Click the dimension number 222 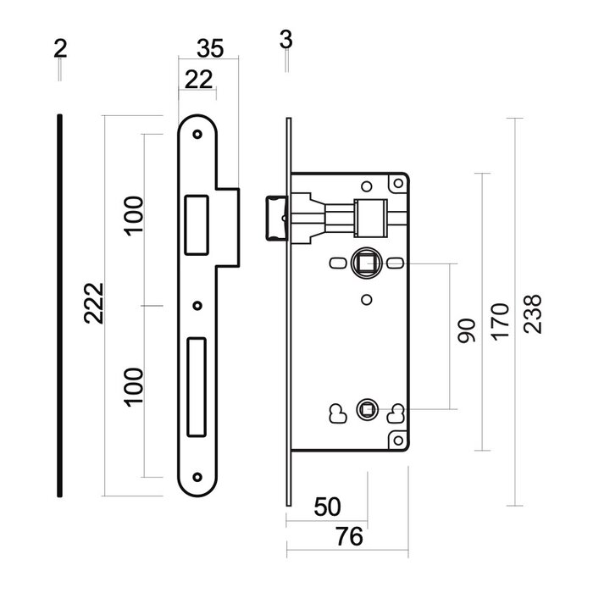[x=93, y=303]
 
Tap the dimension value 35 [x=210, y=49]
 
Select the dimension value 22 [x=198, y=80]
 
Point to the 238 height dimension [x=533, y=314]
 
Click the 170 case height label [x=500, y=321]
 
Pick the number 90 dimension [x=466, y=331]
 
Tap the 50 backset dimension [x=328, y=507]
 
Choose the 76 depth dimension [x=349, y=536]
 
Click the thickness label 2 [x=60, y=49]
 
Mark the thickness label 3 [x=286, y=39]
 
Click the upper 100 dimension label [x=135, y=216]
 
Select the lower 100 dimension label [x=135, y=387]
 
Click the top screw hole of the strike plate [x=197, y=134]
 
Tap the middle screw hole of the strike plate [x=197, y=306]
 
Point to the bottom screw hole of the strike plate [x=197, y=477]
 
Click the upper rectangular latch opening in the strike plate [x=197, y=225]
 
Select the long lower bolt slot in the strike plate [x=197, y=387]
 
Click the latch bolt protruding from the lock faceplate [x=277, y=218]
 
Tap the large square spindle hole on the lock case [x=366, y=263]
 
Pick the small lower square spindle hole [x=367, y=409]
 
